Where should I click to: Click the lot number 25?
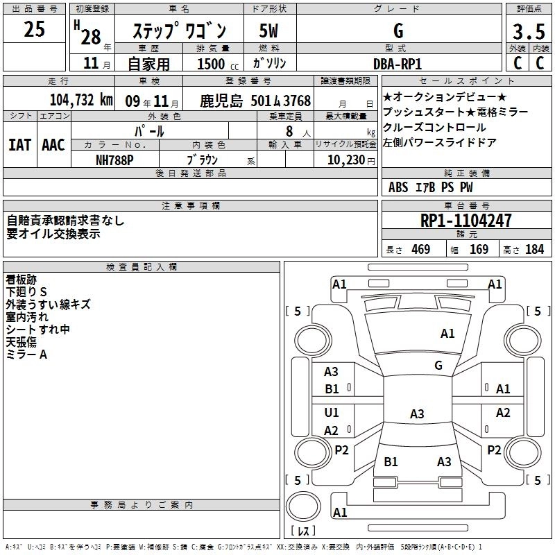pos(35,30)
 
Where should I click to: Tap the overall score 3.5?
pos(528,33)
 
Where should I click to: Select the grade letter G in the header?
pos(398,31)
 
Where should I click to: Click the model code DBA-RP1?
pos(397,63)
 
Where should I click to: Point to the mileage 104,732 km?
pos(82,100)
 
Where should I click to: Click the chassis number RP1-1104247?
pos(466,221)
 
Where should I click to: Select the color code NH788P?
pos(114,159)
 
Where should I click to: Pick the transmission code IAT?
pos(20,144)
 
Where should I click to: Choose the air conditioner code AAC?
pos(53,144)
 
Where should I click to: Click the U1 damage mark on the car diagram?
pos(332,413)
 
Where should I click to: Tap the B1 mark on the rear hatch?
pos(391,461)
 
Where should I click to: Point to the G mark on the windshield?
pos(438,365)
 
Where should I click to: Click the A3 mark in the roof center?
pos(416,414)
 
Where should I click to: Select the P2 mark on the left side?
pos(341,450)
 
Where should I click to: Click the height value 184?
pos(534,250)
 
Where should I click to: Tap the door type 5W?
pos(268,31)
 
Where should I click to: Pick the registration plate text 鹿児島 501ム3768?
pos(256,101)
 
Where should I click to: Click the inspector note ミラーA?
pos(26,355)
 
